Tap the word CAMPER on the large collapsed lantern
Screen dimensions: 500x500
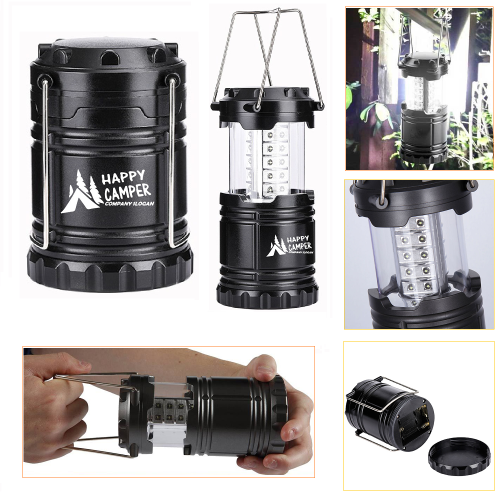coord(127,191)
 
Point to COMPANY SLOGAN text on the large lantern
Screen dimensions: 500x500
coord(129,203)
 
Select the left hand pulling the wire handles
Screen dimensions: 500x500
coord(55,400)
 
